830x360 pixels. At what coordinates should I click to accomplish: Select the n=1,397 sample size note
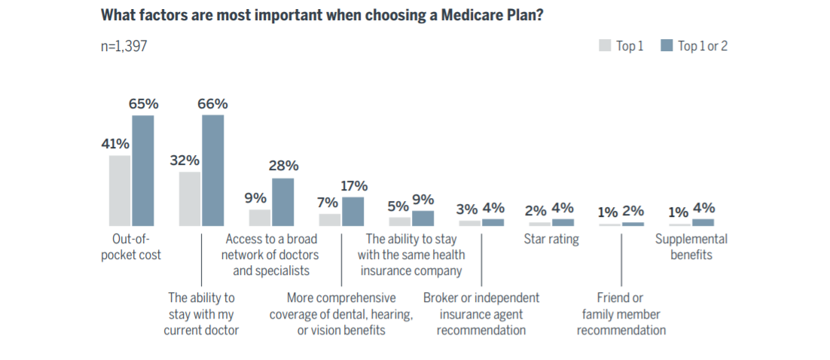pos(124,47)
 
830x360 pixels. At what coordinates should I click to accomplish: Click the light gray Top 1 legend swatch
pos(605,46)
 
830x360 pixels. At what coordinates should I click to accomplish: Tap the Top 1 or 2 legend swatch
pos(666,46)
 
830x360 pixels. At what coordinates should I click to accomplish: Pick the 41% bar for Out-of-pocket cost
pos(120,191)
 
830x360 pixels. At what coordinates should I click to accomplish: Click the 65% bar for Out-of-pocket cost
pos(143,171)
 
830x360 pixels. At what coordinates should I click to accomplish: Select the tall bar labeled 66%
pos(212,170)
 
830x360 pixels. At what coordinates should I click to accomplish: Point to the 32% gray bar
pos(190,199)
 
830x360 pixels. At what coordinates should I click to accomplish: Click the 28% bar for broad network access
pos(282,202)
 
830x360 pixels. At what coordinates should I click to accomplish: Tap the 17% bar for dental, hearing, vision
pos(352,212)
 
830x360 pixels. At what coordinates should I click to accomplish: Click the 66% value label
pos(212,105)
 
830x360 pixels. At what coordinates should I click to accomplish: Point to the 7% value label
pos(329,203)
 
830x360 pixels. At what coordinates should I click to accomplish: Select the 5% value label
pos(398,206)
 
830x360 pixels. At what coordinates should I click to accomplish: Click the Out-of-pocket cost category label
pos(131,247)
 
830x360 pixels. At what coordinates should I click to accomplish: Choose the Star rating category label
pos(551,239)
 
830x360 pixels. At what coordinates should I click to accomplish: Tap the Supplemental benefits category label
pos(691,247)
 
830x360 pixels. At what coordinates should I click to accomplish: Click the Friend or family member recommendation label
pos(621,314)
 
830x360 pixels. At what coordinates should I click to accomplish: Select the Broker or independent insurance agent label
pos(481,314)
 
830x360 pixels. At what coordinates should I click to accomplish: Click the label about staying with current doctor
pos(201,314)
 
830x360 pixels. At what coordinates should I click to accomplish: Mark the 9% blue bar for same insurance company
pos(423,218)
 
